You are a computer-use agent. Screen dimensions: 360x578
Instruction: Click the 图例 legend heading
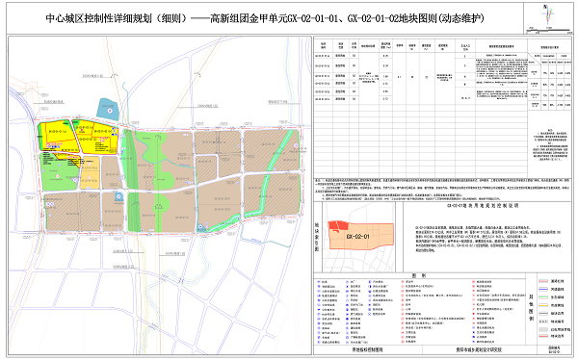click(417, 275)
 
